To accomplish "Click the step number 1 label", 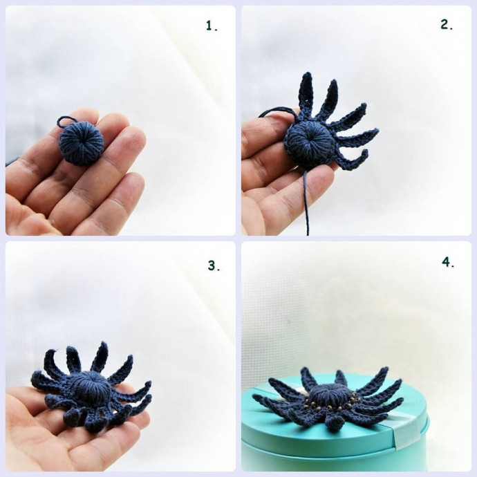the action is click(212, 26).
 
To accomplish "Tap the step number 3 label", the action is click(214, 265).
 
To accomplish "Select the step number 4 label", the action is click(448, 262).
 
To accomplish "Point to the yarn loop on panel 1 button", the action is click(64, 122).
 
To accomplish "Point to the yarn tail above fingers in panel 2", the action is click(277, 111).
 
